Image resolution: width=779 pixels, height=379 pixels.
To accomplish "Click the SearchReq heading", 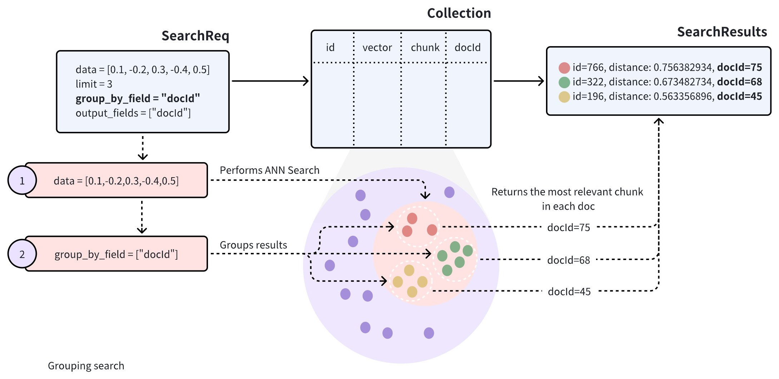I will pyautogui.click(x=195, y=36).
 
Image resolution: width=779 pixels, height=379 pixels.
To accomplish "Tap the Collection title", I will pyautogui.click(x=459, y=14).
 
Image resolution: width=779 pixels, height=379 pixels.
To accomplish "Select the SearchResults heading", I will pyautogui.click(x=722, y=32).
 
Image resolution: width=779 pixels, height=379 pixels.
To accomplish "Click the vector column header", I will pyautogui.click(x=377, y=48).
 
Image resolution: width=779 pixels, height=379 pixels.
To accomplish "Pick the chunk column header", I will pyautogui.click(x=425, y=48).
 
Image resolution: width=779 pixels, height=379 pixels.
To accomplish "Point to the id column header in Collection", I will pyautogui.click(x=330, y=48).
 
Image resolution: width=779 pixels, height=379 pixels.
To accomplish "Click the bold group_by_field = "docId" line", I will pyautogui.click(x=138, y=98).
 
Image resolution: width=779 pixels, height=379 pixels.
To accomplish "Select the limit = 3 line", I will pyautogui.click(x=94, y=84).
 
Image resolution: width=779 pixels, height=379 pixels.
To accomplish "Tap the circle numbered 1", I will pyautogui.click(x=22, y=180).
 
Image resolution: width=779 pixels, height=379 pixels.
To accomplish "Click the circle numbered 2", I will pyautogui.click(x=22, y=254).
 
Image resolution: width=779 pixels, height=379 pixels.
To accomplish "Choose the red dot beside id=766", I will pyautogui.click(x=564, y=68).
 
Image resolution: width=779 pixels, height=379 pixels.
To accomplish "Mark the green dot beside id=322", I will pyautogui.click(x=564, y=82).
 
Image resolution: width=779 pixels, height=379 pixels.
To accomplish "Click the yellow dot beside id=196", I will pyautogui.click(x=564, y=97).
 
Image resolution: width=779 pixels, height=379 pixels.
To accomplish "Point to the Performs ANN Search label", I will pyautogui.click(x=269, y=170).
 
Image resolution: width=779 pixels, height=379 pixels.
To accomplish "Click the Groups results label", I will pyautogui.click(x=253, y=245).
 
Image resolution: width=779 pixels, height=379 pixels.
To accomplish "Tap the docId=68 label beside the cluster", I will pyautogui.click(x=569, y=260).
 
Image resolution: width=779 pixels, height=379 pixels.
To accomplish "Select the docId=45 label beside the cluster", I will pyautogui.click(x=569, y=292).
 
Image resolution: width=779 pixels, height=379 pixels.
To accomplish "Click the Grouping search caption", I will pyautogui.click(x=86, y=366).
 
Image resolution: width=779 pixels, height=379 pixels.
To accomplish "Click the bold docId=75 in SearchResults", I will pyautogui.click(x=739, y=67).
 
